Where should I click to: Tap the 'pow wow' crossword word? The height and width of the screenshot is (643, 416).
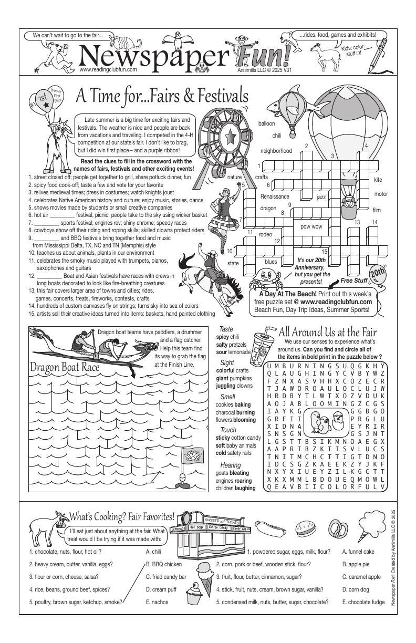coord(311,227)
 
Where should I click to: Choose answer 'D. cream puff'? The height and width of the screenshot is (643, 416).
coord(161,589)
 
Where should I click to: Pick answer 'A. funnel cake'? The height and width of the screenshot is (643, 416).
coord(358,552)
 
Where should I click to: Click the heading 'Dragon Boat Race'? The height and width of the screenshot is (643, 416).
coord(65,367)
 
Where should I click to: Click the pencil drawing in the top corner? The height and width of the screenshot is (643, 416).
coord(380,55)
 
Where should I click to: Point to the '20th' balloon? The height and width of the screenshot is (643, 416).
coord(377,274)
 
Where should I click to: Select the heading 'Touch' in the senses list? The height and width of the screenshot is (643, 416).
coord(228,430)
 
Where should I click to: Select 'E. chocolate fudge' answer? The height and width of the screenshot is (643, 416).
coord(363,602)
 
